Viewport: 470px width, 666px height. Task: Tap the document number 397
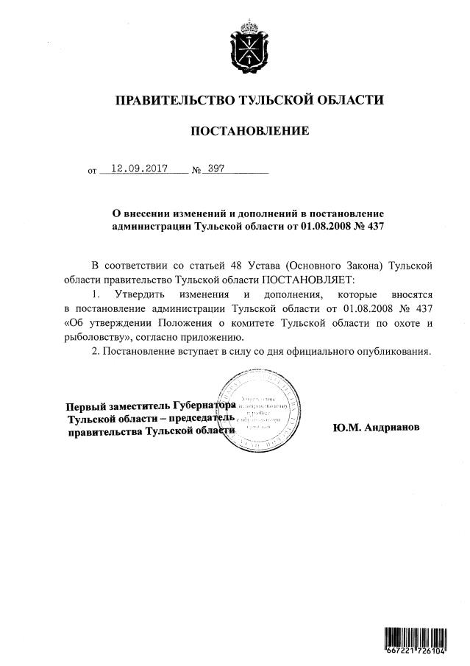point(216,168)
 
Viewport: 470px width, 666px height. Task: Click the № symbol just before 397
point(196,171)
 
